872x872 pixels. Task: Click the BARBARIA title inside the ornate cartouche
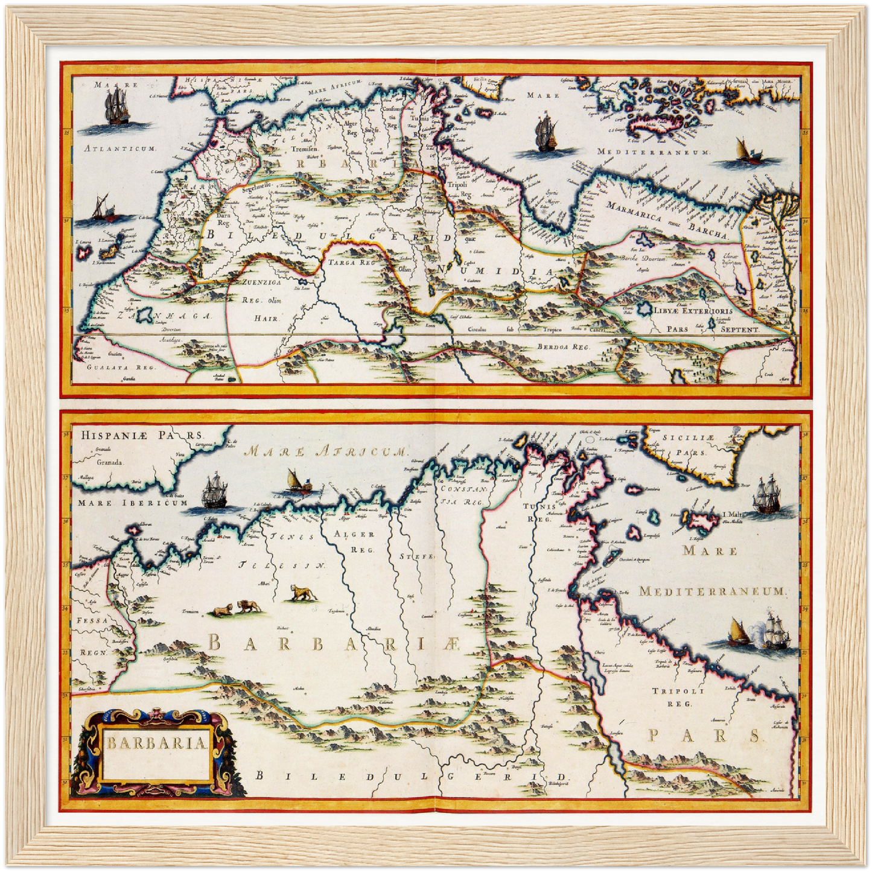(157, 743)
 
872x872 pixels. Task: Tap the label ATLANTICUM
(120, 148)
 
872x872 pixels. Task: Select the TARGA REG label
(351, 263)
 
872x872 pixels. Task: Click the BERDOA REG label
(562, 347)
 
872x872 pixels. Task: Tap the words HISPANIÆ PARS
(142, 435)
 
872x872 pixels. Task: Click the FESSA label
(92, 620)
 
